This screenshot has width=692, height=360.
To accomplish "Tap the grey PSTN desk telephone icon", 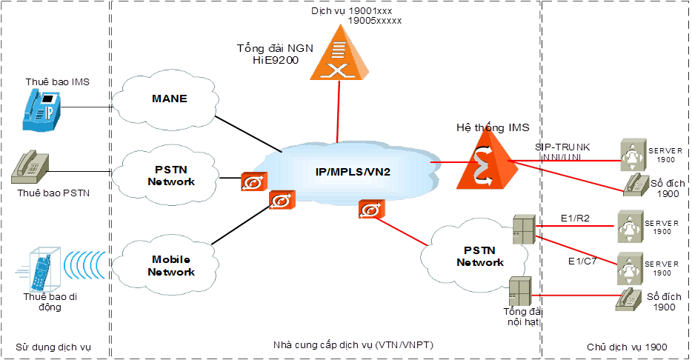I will point(32,168).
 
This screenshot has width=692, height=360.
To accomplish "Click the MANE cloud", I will point(169,99).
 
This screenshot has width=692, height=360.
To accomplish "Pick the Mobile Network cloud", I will point(171,265).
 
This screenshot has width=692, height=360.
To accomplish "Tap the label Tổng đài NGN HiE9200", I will point(275,54).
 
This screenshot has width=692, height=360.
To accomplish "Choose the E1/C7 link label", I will point(582,261).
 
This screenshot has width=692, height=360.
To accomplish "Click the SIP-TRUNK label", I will point(562,147).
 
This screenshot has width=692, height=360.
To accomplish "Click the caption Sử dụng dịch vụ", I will point(53,347).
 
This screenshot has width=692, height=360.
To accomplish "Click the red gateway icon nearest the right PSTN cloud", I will point(370,210).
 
